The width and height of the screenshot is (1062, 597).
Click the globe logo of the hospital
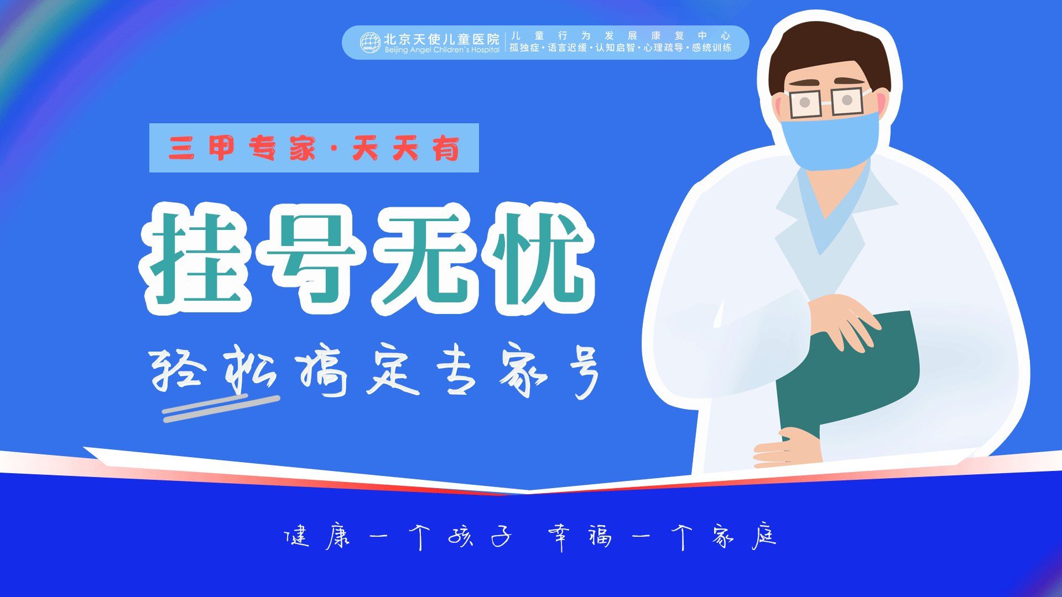click(x=369, y=43)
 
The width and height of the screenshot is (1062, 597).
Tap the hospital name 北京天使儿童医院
click(x=441, y=39)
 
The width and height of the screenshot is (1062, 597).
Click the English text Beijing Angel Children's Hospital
click(x=442, y=50)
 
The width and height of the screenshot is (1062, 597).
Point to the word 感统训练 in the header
click(x=711, y=48)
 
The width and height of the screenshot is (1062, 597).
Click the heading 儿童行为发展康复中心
click(x=620, y=36)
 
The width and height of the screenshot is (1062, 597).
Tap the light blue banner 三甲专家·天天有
click(x=314, y=148)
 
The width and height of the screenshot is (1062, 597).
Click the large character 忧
click(x=537, y=259)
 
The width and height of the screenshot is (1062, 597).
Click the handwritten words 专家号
click(x=517, y=371)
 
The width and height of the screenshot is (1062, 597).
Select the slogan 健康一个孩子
click(x=397, y=536)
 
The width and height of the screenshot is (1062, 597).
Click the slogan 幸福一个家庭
click(x=662, y=536)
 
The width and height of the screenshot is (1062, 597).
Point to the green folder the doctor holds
click(x=852, y=376)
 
